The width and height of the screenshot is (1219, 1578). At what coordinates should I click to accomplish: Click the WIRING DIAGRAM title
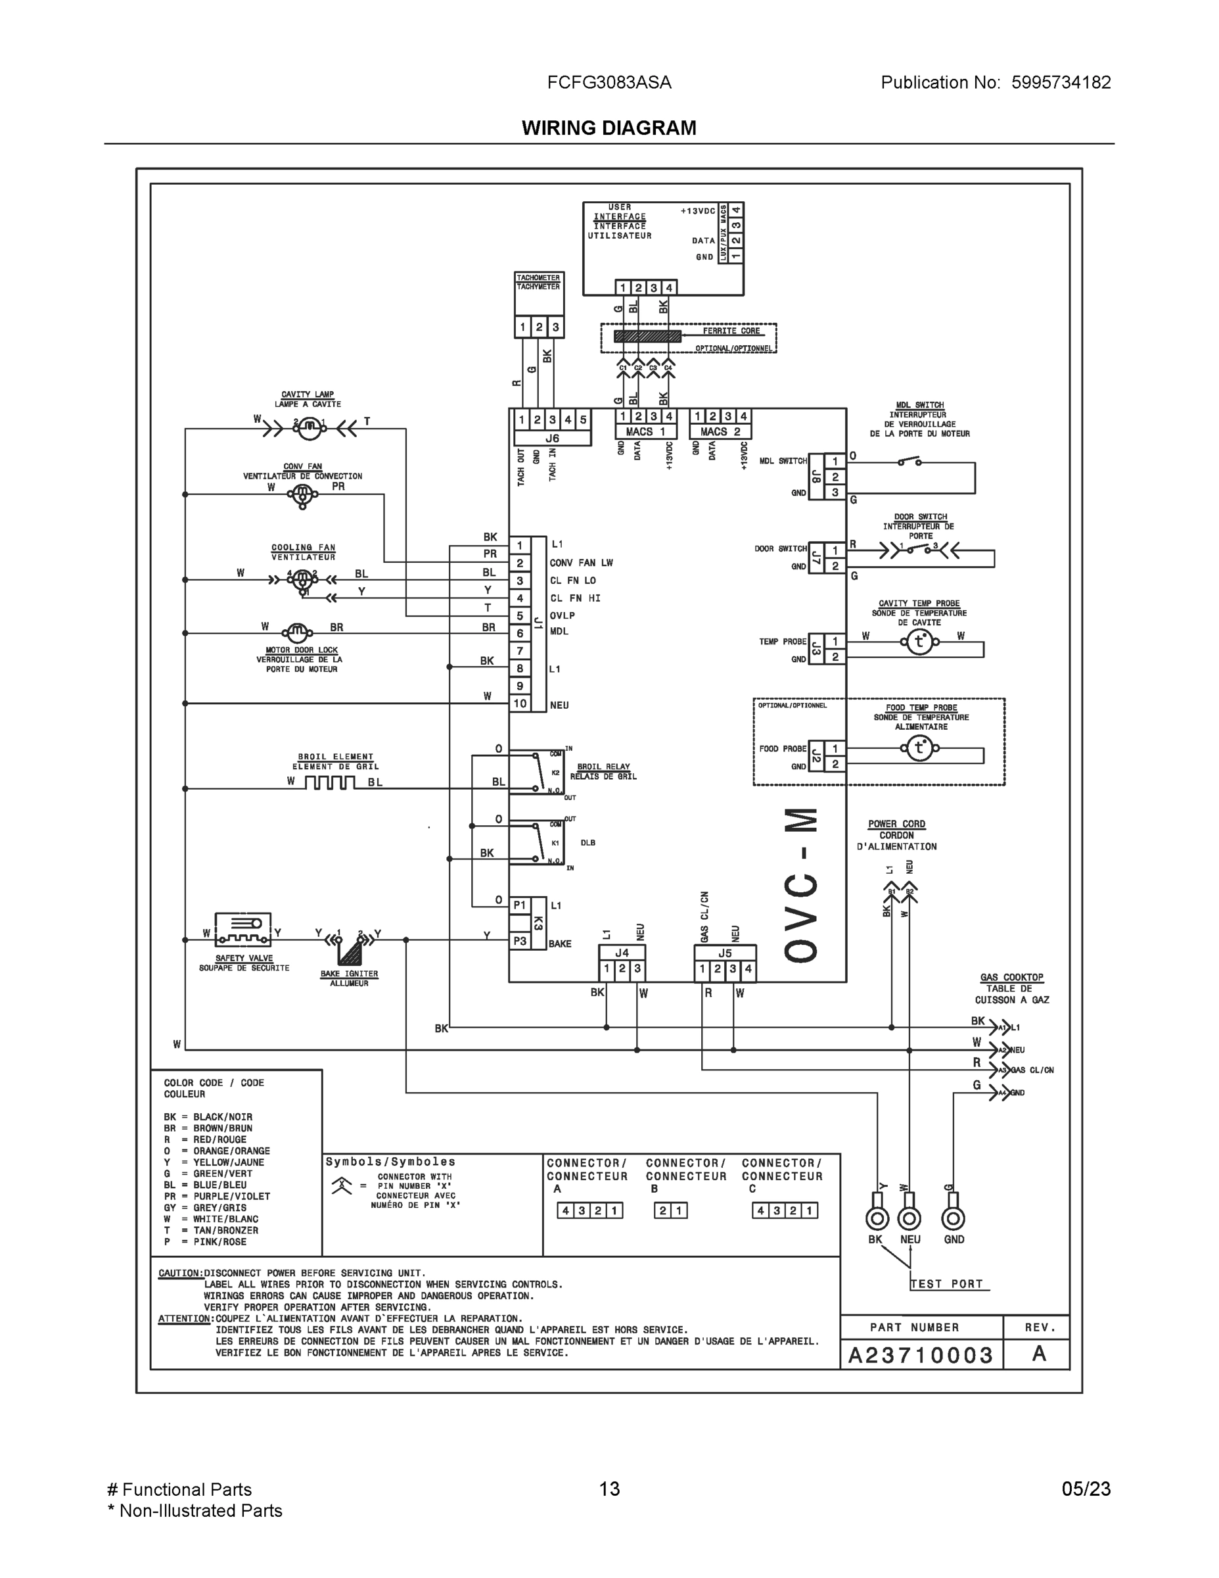click(609, 128)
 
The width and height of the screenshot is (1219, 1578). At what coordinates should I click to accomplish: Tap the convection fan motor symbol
click(302, 495)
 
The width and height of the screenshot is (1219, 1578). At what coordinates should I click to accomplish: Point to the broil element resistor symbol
click(329, 782)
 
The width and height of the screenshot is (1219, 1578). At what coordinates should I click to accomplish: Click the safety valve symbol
click(243, 929)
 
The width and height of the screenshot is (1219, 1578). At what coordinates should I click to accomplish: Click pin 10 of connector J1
click(519, 703)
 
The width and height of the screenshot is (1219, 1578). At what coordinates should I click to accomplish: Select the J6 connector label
click(552, 439)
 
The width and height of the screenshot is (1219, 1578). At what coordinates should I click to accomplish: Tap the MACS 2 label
click(720, 431)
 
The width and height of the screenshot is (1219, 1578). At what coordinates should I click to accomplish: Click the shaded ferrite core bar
click(647, 336)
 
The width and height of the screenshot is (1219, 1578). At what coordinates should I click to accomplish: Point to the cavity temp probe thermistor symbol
click(919, 641)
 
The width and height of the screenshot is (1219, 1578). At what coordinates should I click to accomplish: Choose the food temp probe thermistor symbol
click(919, 748)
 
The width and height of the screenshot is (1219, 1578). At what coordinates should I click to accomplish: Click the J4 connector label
click(622, 953)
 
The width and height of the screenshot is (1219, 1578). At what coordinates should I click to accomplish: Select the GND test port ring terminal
click(954, 1219)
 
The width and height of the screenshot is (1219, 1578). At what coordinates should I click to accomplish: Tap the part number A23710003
click(921, 1354)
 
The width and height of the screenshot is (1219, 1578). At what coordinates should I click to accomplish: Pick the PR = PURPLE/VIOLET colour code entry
click(218, 1196)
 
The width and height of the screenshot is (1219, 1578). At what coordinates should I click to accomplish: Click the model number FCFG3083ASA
click(609, 82)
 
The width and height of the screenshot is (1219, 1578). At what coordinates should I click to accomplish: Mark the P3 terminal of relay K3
click(519, 941)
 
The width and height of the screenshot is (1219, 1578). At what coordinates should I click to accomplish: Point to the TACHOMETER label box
click(538, 283)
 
